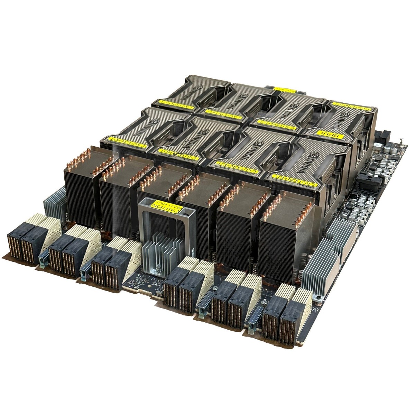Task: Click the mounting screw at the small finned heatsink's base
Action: tap(158, 266)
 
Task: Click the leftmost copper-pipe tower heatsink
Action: tap(80, 187)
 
